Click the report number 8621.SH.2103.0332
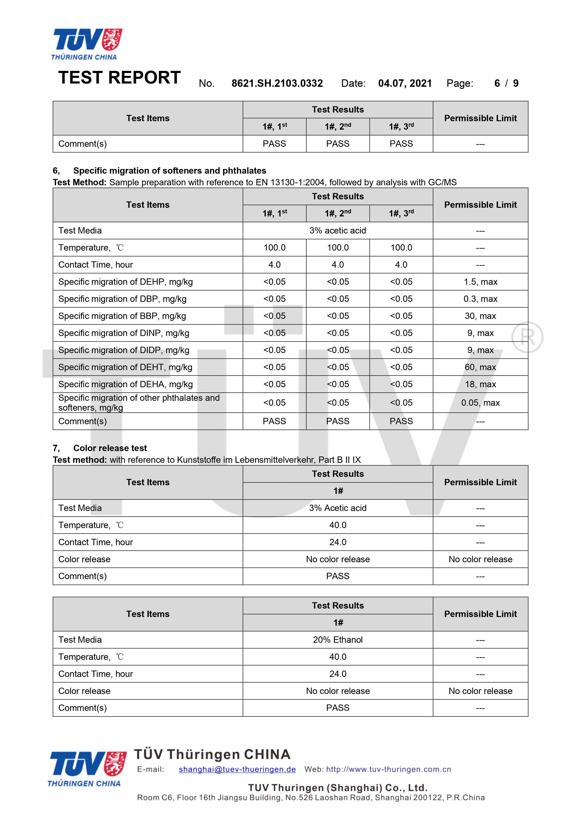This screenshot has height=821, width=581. (277, 83)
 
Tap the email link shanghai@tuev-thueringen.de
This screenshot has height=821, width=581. (237, 769)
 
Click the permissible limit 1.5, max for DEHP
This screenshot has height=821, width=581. (480, 282)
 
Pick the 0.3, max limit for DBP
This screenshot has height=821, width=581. (480, 299)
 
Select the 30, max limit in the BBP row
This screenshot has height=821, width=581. (480, 316)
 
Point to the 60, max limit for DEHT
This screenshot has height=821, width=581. (480, 367)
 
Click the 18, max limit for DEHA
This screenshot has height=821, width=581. (480, 384)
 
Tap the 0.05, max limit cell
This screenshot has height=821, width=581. (480, 403)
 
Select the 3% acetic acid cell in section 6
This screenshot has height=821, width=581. (338, 231)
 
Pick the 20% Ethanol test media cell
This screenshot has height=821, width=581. (338, 640)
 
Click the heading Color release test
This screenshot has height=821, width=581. (110, 448)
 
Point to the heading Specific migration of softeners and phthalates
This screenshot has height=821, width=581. (170, 171)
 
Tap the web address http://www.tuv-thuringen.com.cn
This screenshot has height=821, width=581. (389, 769)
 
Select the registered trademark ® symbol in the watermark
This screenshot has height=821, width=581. (527, 337)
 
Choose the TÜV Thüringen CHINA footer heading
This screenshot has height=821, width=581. (212, 755)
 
